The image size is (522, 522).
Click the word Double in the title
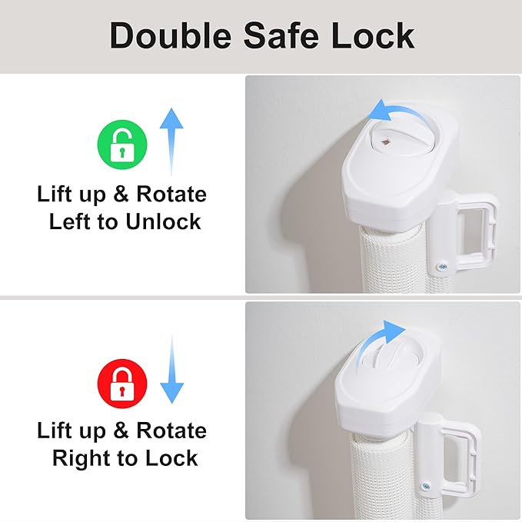(171, 35)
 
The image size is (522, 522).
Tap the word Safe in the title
(281, 35)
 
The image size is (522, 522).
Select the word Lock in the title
(373, 35)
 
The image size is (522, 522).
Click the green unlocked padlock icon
(122, 145)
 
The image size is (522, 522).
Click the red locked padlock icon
(122, 384)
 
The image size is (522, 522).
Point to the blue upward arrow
(171, 141)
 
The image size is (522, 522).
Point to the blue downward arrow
(171, 370)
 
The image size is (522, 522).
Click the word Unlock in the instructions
(163, 221)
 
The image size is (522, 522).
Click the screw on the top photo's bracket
(442, 266)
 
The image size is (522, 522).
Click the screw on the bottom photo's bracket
(425, 487)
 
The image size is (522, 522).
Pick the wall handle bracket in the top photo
(463, 234)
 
